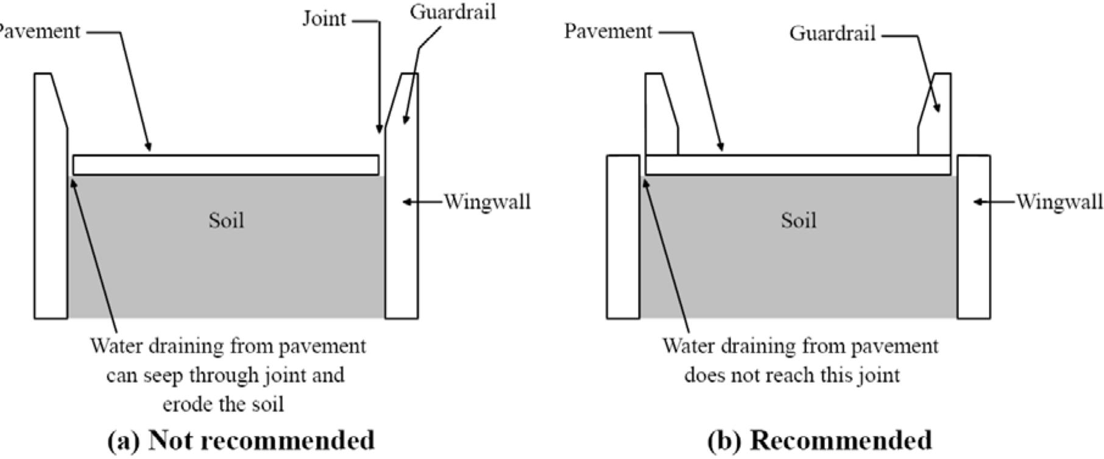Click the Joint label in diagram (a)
tap(324, 20)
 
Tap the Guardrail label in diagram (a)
tap(452, 12)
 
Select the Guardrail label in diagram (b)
tap(832, 34)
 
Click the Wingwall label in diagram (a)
tap(487, 202)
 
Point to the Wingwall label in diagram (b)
tap(1059, 202)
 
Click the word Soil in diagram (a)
tap(226, 220)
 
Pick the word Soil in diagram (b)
tap(798, 220)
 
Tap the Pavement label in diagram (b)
tap(608, 31)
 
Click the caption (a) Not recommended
tap(241, 440)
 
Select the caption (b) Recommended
tap(819, 440)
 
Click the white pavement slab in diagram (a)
tap(225, 165)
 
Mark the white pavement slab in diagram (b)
tap(798, 165)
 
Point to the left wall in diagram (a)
tap(51, 213)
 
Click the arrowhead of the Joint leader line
tap(380, 129)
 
